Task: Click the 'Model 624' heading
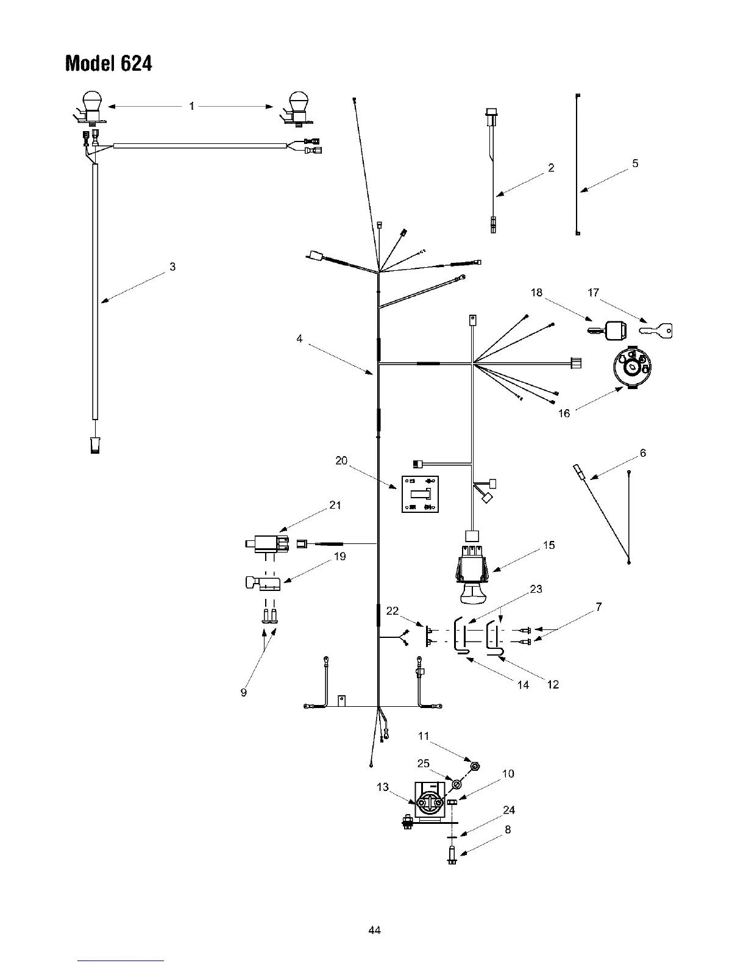pos(108,63)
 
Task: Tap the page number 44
pos(374,930)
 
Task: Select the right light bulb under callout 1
pos(297,105)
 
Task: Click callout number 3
pos(173,267)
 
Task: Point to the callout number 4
pos(299,338)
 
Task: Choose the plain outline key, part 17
pos(656,331)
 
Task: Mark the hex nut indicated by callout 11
pos(475,765)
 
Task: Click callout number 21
pos(335,505)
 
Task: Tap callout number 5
pos(635,163)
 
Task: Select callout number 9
pos(244,693)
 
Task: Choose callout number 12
pos(553,685)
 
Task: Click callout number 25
pos(423,764)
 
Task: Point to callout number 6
pos(642,453)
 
